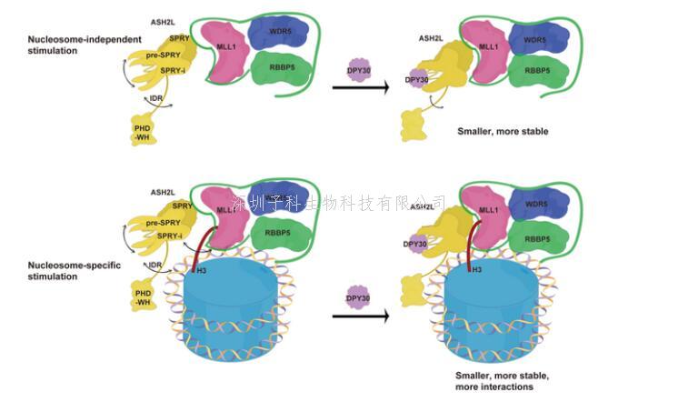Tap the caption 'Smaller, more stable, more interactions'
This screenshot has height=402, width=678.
coord(498,380)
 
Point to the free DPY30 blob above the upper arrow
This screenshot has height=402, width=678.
coord(360,68)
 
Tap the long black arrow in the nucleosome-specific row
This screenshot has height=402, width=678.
coord(360,317)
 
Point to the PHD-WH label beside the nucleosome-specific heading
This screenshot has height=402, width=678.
coord(143,298)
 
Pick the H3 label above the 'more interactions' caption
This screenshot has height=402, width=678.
coord(476,270)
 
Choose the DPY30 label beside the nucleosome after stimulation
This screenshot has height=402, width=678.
coord(414,244)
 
